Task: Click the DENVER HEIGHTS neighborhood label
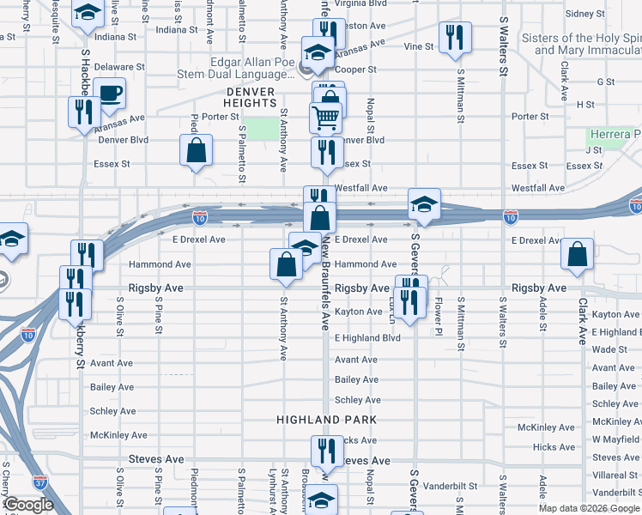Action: click(251, 97)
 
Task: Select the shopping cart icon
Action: click(325, 118)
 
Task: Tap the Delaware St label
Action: click(119, 66)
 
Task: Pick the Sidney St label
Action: click(585, 14)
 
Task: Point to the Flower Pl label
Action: click(438, 315)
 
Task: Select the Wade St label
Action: click(609, 349)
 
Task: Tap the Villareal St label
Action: click(615, 475)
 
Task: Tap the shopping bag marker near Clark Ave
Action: click(578, 254)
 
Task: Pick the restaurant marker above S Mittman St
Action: click(452, 38)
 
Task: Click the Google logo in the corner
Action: click(28, 505)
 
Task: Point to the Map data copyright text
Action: click(590, 508)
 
